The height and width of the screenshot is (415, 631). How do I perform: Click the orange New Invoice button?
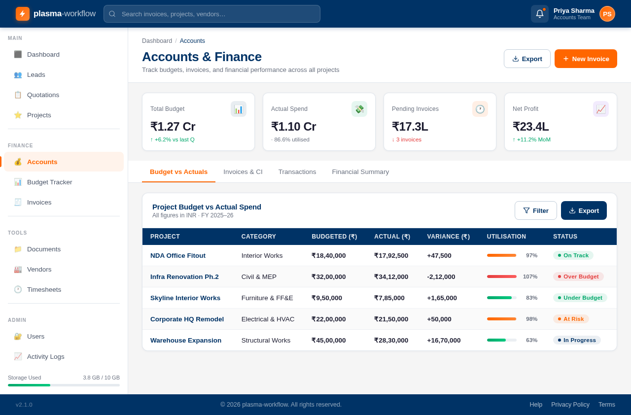[x=586, y=59]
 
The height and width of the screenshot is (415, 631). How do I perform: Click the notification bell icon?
[x=539, y=14]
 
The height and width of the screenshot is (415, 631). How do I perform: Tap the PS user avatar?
[x=607, y=14]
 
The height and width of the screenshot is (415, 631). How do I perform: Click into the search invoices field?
[x=212, y=14]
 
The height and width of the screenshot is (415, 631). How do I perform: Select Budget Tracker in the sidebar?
[x=49, y=182]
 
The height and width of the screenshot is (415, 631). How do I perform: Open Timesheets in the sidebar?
[x=44, y=289]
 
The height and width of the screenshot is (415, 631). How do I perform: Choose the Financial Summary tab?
[x=360, y=172]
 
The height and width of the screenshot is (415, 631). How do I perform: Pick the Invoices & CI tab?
[x=243, y=172]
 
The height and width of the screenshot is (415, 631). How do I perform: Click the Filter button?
[x=535, y=210]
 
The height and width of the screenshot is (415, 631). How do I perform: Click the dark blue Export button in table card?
[x=584, y=210]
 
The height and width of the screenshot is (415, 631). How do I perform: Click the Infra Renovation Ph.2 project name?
[x=184, y=277]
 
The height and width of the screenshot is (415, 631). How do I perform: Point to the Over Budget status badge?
[x=578, y=277]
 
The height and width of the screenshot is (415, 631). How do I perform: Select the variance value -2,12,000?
[x=441, y=277]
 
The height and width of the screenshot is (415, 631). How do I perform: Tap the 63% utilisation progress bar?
[x=501, y=340]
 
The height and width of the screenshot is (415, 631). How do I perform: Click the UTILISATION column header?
[x=506, y=237]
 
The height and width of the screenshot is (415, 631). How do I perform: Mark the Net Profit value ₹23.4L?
[x=530, y=127]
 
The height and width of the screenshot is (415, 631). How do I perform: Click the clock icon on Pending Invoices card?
[x=480, y=109]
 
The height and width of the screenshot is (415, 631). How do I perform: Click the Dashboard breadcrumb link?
[x=157, y=41]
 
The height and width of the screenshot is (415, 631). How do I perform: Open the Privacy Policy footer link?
[x=570, y=405]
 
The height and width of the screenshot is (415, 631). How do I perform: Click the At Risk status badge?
[x=571, y=319]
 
